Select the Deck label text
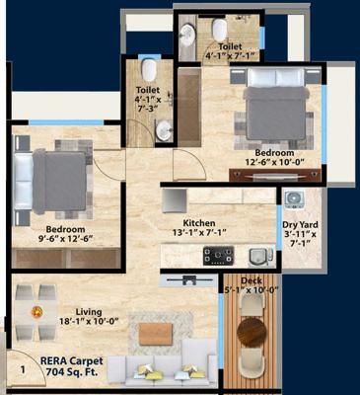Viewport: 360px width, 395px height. tap(246, 284)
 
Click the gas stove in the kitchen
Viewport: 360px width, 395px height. tap(218, 257)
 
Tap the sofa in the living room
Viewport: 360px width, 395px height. tap(163, 365)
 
